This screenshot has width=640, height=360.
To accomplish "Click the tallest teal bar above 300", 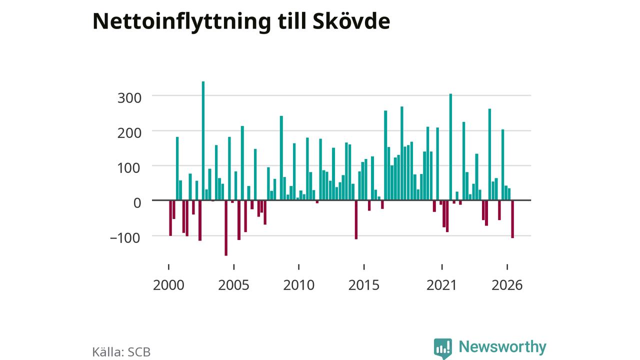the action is click(203, 140).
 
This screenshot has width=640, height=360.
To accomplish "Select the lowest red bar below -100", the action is click(226, 228).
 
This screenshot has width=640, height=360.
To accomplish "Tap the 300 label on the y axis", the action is click(129, 98).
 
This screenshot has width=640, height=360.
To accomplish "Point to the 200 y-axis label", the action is click(129, 133).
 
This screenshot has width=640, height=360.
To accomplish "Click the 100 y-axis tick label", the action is click(129, 168).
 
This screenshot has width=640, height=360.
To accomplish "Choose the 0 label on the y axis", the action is click(137, 203).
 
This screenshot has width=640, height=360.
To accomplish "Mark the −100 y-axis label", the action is click(125, 238).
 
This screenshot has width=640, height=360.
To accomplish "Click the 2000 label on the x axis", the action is click(168, 285).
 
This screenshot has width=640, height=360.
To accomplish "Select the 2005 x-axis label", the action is click(233, 285).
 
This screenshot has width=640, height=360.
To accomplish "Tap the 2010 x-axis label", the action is click(299, 285).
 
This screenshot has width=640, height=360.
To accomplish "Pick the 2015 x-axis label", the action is click(364, 285).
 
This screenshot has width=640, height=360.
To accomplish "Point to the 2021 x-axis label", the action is click(441, 285).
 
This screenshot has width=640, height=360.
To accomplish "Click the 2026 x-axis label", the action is click(507, 285).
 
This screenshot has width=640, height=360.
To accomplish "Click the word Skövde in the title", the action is click(351, 21).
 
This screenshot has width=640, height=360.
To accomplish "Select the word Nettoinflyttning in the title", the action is click(181, 22).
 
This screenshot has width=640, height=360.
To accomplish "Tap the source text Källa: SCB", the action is click(121, 352).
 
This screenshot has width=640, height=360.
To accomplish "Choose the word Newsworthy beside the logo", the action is click(502, 347).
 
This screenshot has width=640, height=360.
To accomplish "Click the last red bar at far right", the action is click(512, 219).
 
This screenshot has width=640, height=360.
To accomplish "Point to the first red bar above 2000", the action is click(170, 218).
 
